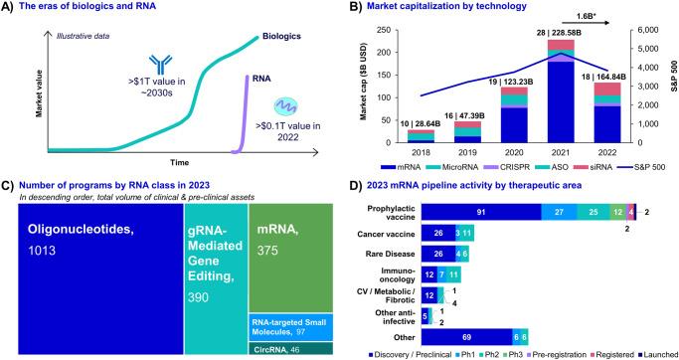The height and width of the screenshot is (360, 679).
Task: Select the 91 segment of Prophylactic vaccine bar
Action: (x=481, y=211)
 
